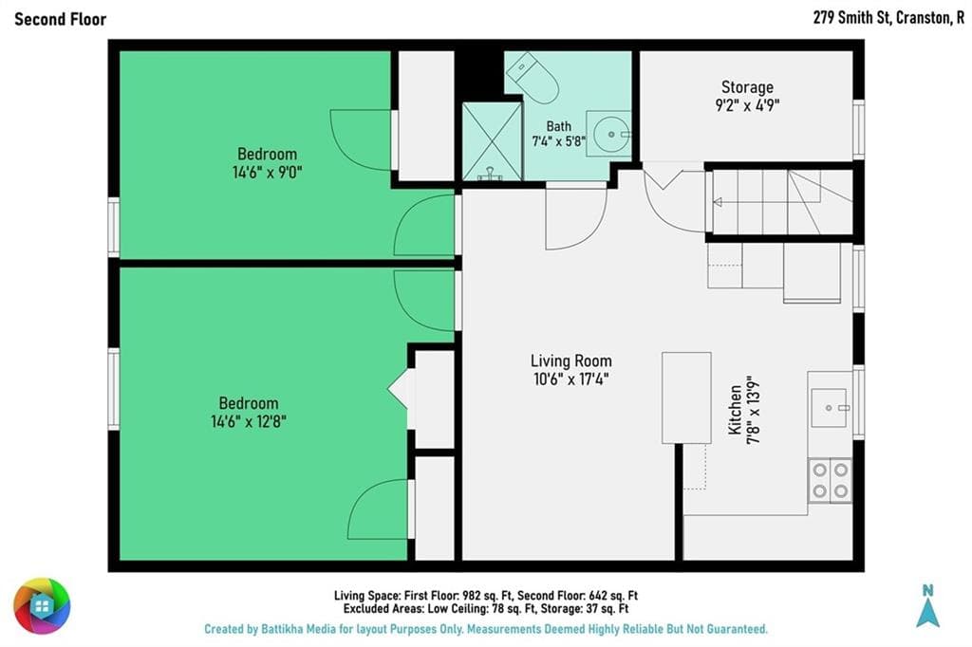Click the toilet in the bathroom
(x=533, y=78)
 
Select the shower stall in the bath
(x=493, y=142)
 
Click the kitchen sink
(x=829, y=408)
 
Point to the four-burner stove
(x=830, y=481)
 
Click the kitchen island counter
(x=686, y=397)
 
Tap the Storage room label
(x=747, y=87)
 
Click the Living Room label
(x=570, y=360)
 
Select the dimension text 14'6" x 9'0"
(x=267, y=172)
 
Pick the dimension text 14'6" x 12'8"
(x=249, y=421)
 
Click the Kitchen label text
(x=736, y=410)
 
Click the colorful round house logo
(x=42, y=605)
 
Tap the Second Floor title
(x=60, y=19)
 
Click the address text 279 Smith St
(x=851, y=18)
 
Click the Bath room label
(x=558, y=126)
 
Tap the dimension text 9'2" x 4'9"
(x=747, y=104)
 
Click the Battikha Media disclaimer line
(x=486, y=629)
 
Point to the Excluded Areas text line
(x=486, y=608)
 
